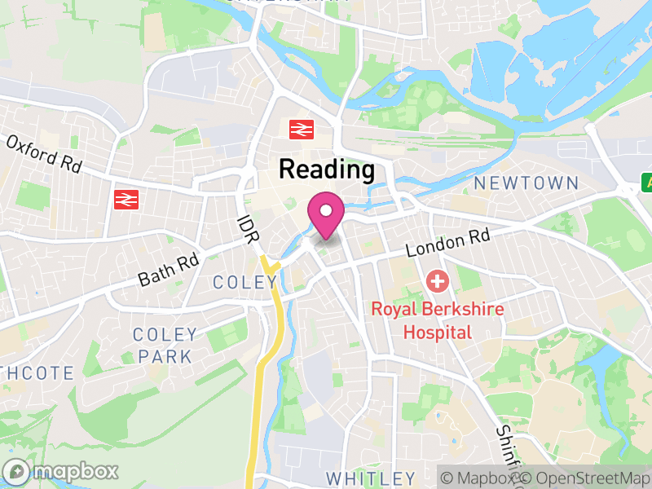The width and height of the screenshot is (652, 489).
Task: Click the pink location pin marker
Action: coord(326,214)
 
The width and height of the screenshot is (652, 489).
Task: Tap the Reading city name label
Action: coord(327,170)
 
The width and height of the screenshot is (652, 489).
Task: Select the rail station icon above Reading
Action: coord(302,129)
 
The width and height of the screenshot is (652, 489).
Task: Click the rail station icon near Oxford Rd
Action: coord(125,199)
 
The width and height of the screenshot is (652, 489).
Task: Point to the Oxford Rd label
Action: coord(44,152)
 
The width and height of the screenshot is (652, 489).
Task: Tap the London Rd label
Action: coord(447,241)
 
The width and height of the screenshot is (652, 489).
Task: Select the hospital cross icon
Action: coord(438,283)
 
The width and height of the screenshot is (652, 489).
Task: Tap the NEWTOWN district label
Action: coord(526,183)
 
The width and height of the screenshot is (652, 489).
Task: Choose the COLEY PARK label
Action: coord(165,345)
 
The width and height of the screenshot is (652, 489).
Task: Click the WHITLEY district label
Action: coord(370,478)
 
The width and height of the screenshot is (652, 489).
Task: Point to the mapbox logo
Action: coord(62,471)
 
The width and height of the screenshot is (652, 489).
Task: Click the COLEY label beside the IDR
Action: coord(244,282)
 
